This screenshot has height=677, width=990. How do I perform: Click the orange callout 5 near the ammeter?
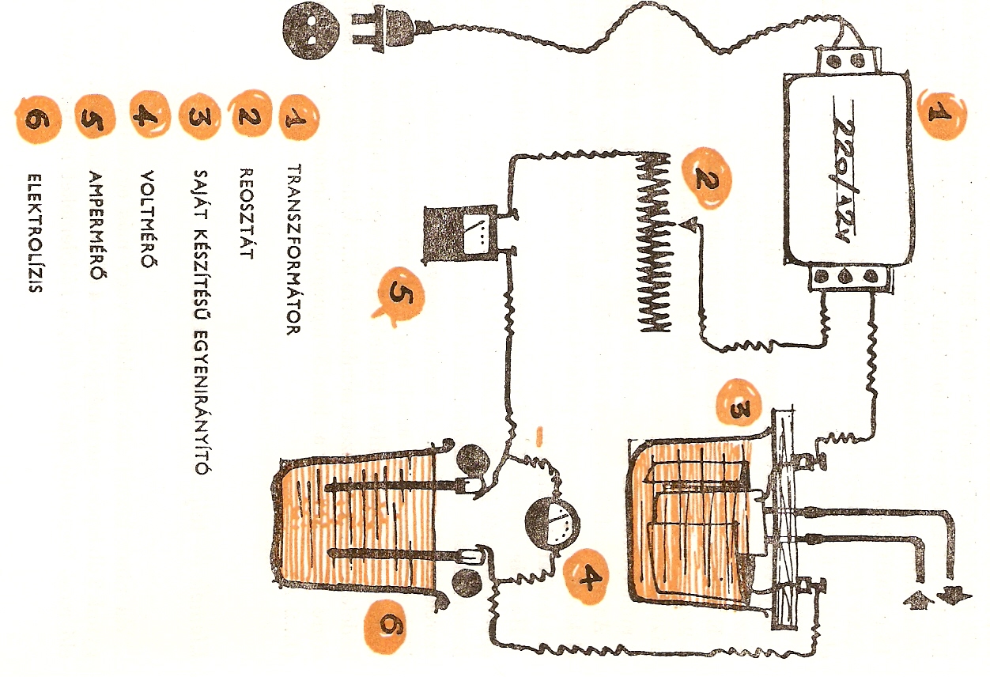399,296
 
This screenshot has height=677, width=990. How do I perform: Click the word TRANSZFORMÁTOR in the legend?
293,250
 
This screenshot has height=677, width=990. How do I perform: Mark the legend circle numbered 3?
198,117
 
